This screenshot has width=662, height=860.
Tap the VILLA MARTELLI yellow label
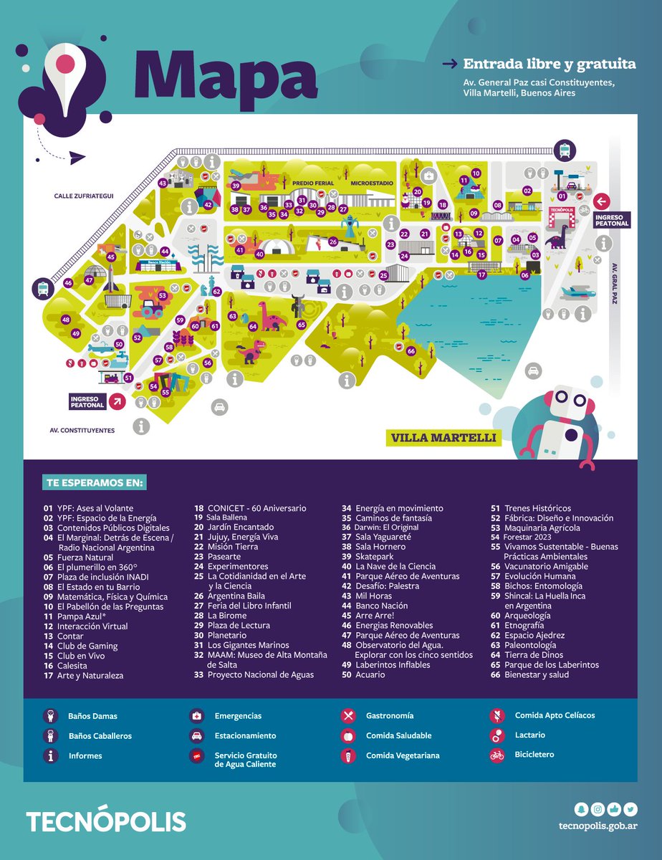click(x=443, y=436)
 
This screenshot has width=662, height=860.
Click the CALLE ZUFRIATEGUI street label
click(x=84, y=196)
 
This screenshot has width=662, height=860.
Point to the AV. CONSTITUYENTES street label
click(x=82, y=430)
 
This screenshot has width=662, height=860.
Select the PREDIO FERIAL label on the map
click(x=313, y=183)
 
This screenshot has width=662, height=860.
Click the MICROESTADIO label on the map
click(x=372, y=183)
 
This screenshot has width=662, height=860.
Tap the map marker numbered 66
click(x=411, y=351)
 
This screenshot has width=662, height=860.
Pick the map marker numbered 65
click(x=302, y=325)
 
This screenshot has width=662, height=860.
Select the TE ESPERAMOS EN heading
click(x=95, y=482)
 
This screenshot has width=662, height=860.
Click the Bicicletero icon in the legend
click(x=497, y=755)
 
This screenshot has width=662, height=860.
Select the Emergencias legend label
click(x=238, y=716)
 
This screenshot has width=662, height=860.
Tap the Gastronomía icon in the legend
click(x=348, y=715)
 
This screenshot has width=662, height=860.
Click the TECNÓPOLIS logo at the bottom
click(x=106, y=821)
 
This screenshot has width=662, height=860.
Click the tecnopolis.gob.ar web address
click(x=598, y=826)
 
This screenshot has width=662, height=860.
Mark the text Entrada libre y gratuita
click(x=549, y=64)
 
